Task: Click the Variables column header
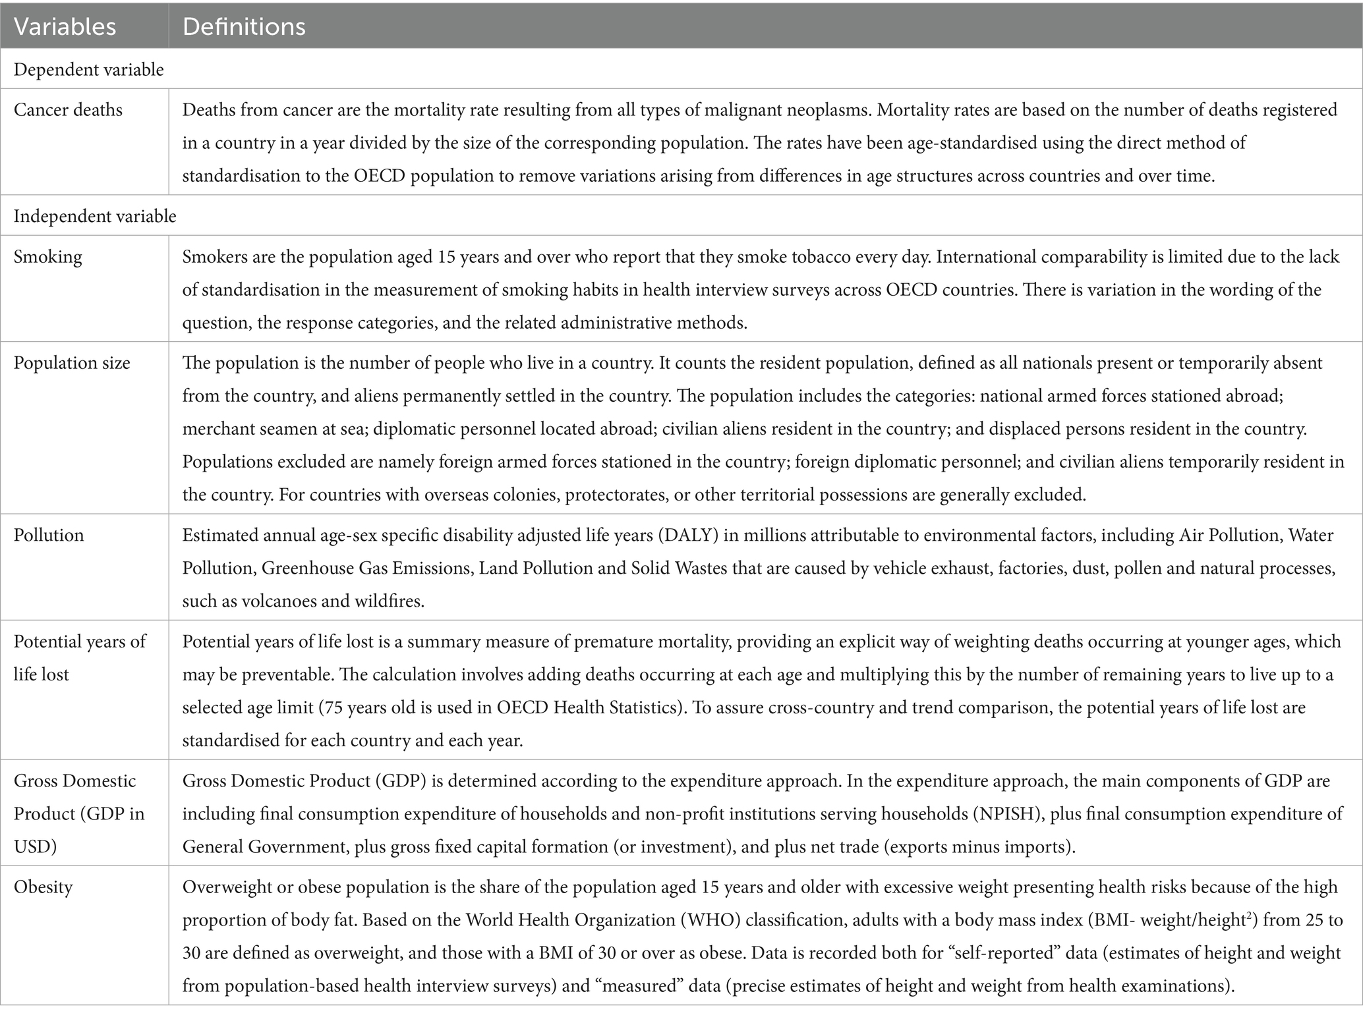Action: click(65, 26)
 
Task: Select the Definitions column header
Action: click(244, 26)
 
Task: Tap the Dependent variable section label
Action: click(88, 70)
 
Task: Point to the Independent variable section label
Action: click(95, 216)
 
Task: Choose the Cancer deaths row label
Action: click(68, 109)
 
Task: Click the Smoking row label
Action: click(47, 256)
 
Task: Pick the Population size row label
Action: click(72, 363)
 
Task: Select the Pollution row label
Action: click(49, 535)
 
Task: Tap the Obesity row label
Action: click(43, 887)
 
